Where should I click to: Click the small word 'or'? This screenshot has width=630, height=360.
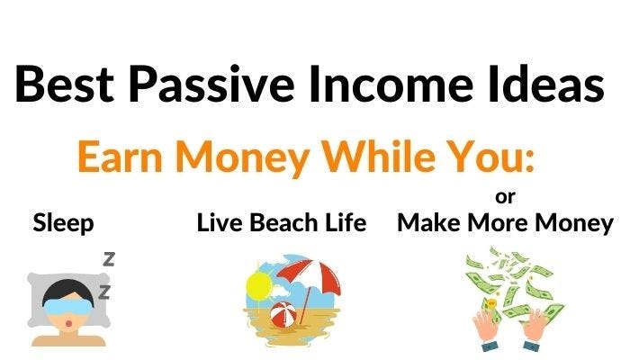(506, 195)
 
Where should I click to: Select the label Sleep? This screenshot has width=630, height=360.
(63, 224)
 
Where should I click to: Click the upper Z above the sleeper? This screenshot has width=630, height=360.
(109, 259)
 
